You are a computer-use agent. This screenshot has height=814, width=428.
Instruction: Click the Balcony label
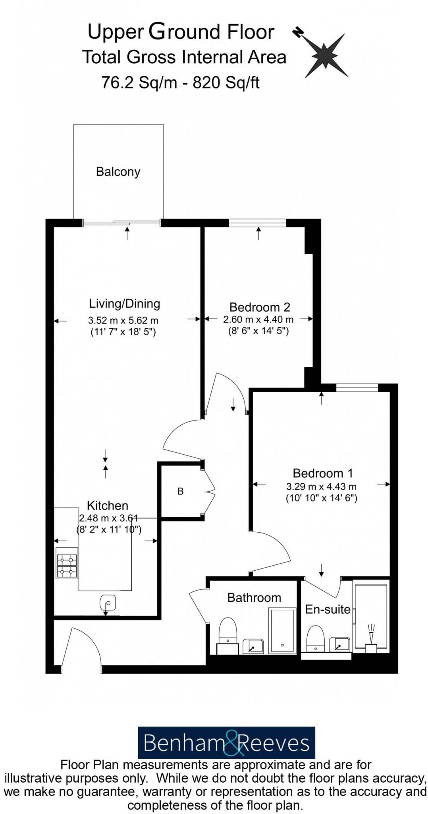118,172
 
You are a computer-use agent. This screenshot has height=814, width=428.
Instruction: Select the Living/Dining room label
124,304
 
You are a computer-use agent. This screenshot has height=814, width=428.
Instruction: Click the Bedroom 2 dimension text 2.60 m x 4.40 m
258,320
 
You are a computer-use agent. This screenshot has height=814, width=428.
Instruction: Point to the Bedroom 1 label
322,473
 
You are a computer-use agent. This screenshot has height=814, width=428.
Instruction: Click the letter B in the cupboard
180,491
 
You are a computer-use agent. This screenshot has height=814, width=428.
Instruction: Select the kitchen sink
108,603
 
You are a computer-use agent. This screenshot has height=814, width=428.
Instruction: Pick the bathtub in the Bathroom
282,630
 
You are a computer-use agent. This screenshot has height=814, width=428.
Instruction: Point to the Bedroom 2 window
257,223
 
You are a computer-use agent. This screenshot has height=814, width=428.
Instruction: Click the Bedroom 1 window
357,388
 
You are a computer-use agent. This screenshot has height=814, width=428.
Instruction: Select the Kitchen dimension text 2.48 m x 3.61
108,518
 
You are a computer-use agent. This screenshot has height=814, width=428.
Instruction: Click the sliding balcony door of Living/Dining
121,223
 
